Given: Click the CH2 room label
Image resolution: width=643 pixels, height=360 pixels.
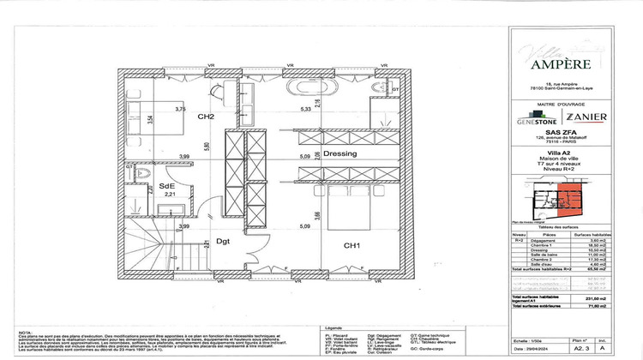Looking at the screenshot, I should [x=205, y=117].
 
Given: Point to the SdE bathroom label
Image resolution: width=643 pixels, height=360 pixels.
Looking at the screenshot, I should [x=168, y=186].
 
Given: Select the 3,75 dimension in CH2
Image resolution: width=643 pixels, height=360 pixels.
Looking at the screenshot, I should [x=181, y=110].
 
